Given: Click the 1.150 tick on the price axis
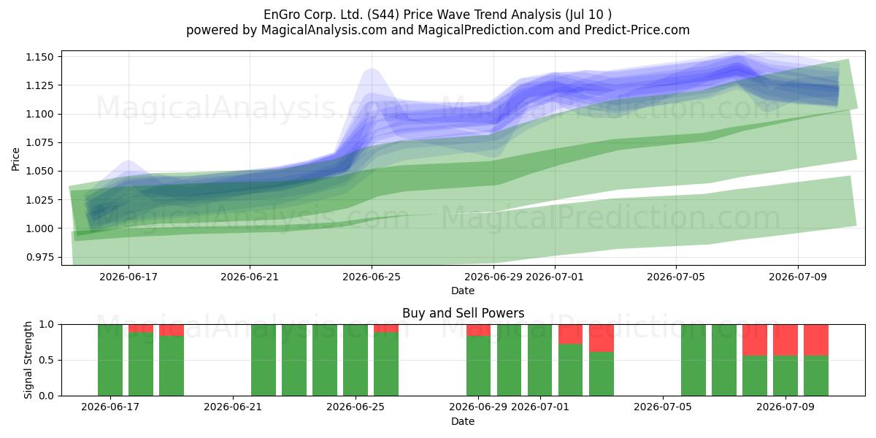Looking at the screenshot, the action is [x=39, y=57].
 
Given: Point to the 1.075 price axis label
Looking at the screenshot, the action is [x=39, y=142].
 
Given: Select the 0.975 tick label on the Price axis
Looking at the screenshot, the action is [x=39, y=257].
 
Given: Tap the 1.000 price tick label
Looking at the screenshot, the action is [x=39, y=228].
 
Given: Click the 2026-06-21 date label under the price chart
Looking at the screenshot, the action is [x=250, y=277].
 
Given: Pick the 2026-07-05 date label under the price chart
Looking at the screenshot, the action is [x=676, y=277].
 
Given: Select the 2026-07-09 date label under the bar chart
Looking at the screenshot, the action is [x=785, y=407].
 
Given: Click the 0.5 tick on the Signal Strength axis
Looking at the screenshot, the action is [x=46, y=360].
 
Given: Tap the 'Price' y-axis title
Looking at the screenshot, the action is [x=15, y=159].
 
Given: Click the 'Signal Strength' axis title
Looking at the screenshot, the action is [x=28, y=360].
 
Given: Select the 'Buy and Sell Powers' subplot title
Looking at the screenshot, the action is [x=463, y=313].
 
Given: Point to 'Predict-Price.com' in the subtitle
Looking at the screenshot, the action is [x=637, y=30].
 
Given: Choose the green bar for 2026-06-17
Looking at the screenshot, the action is [x=110, y=360].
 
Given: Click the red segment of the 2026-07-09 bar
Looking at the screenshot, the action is [x=785, y=340].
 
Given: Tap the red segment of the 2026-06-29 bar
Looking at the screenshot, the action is [x=478, y=330].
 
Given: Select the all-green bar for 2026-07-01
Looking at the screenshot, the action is [x=539, y=360].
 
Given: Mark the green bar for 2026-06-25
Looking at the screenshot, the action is [x=356, y=360].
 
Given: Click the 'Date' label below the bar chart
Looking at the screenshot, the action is [x=463, y=421].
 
